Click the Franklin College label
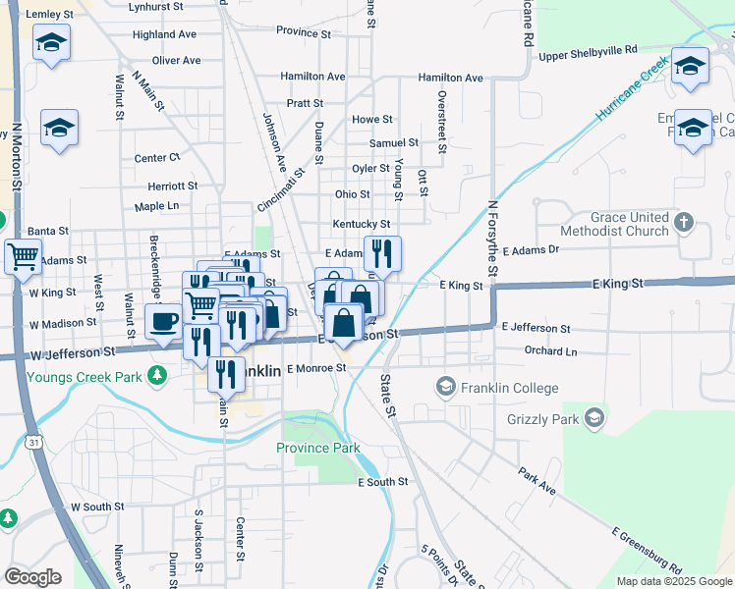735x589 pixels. click(511, 388)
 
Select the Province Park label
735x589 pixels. click(317, 448)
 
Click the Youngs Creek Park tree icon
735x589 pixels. click(155, 375)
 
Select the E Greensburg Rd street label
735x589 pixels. click(646, 551)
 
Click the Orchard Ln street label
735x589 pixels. click(550, 350)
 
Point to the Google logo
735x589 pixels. click(32, 576)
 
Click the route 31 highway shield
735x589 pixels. click(34, 445)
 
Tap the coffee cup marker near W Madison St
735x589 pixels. click(163, 320)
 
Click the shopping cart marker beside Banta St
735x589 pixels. click(23, 257)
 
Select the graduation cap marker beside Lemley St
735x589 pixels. click(51, 43)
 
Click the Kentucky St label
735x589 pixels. click(362, 225)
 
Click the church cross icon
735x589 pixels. click(686, 224)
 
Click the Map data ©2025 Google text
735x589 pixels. click(674, 581)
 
